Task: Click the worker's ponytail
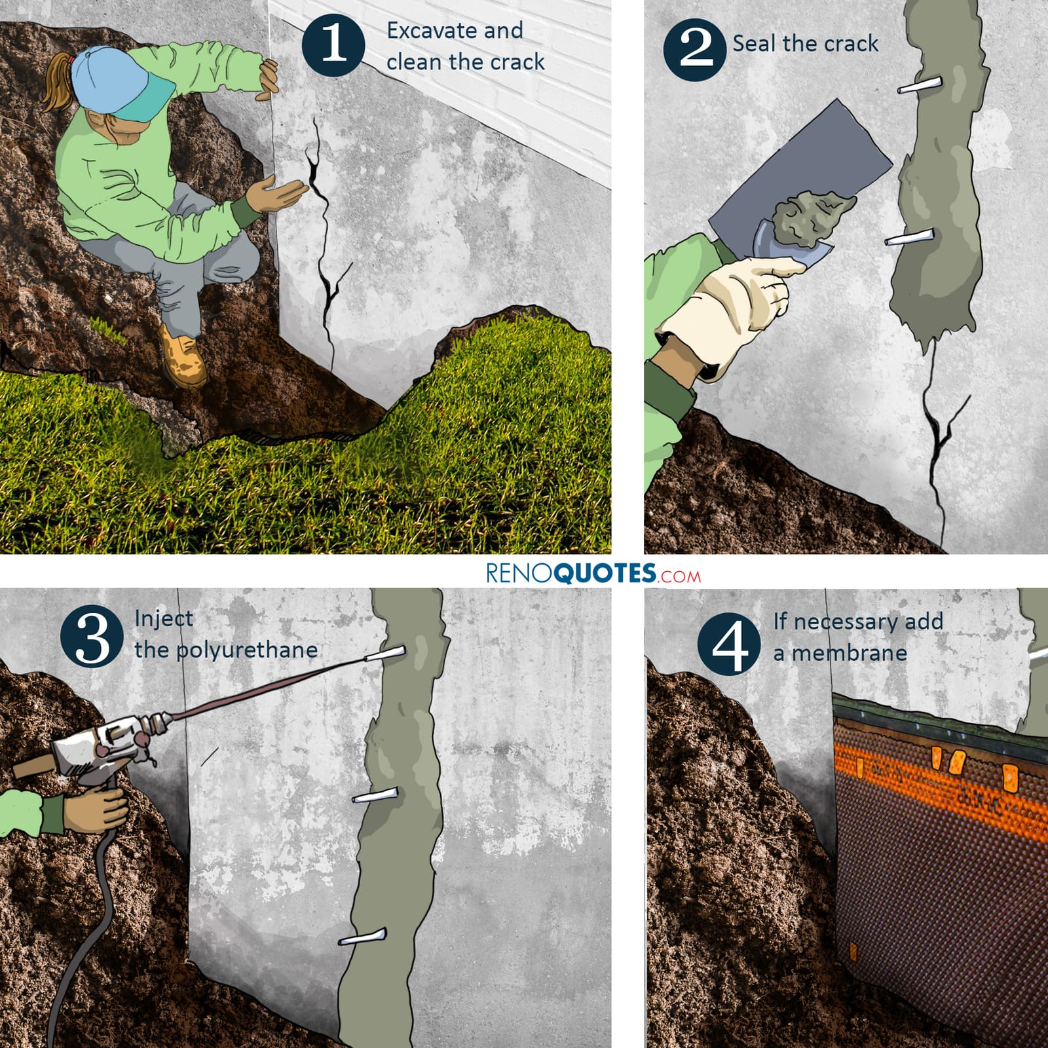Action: click(56, 85)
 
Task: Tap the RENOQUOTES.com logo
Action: click(593, 573)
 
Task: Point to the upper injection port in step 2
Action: click(920, 85)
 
